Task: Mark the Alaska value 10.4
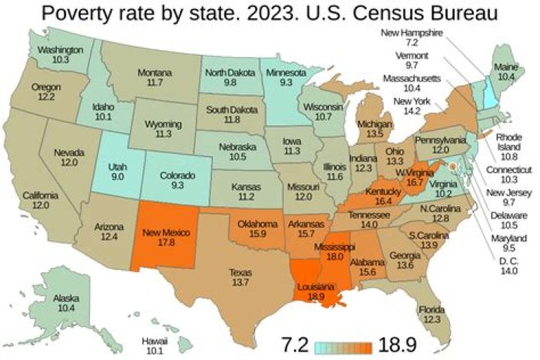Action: (x=67, y=308)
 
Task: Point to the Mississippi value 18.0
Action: (x=334, y=256)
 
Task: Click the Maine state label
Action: (x=505, y=67)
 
